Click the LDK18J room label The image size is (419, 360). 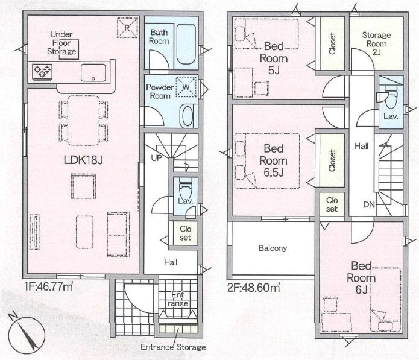coord(83,160)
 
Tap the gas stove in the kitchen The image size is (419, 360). coord(42,72)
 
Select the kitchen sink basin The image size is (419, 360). coord(93,72)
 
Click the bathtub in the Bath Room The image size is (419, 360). coord(186,45)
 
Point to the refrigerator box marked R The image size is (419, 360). coord(127,28)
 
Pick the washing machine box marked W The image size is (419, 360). coord(186,87)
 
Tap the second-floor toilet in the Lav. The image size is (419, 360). coord(388,96)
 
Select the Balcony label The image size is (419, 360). coord(273,248)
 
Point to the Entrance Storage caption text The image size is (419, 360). coord(173,347)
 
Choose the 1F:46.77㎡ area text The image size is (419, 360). coord(49,286)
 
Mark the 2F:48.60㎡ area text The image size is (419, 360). coord(253,288)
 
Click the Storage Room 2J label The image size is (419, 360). coord(376,43)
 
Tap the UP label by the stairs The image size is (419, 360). coord(156,157)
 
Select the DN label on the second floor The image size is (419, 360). coord(369,204)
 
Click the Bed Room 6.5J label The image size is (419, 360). coord(273,160)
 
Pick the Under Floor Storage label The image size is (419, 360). coord(61,43)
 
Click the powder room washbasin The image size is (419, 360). coord(187,116)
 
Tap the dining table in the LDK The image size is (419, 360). coord(84,121)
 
